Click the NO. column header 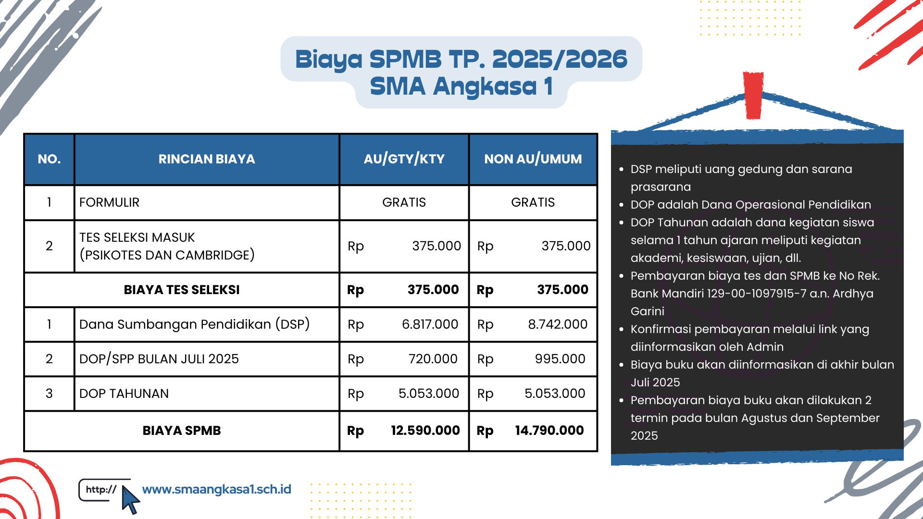49,159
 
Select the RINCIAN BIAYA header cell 207,159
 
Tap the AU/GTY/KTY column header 404,159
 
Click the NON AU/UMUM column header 533,159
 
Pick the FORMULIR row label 109,202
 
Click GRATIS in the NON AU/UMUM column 533,202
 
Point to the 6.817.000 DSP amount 430,324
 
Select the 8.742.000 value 558,324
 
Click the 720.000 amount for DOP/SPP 433,359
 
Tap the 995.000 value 560,359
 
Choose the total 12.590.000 425,431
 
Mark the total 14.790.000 549,431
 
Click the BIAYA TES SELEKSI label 182,290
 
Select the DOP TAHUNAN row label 124,394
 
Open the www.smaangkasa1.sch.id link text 217,489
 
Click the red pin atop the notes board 753,95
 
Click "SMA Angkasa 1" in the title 461,87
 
